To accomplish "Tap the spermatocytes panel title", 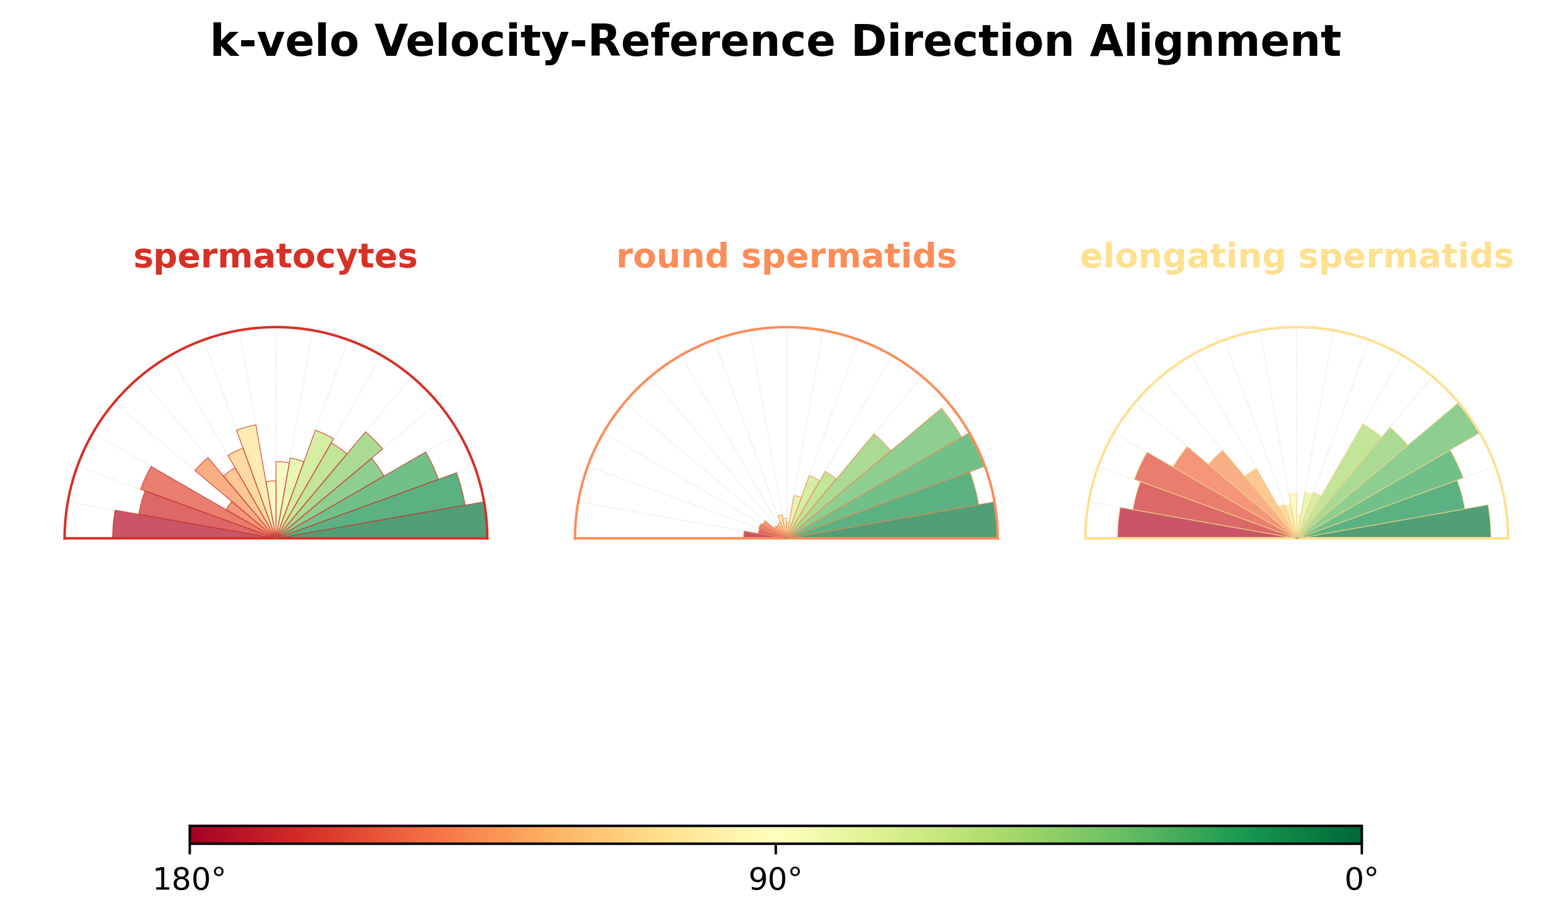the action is pyautogui.click(x=276, y=257).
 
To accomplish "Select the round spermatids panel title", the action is pyautogui.click(x=786, y=257).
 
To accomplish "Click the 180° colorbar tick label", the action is pyautogui.click(x=189, y=880).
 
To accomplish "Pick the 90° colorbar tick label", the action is pyautogui.click(x=775, y=880).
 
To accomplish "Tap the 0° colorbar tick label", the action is pyautogui.click(x=1361, y=880).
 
